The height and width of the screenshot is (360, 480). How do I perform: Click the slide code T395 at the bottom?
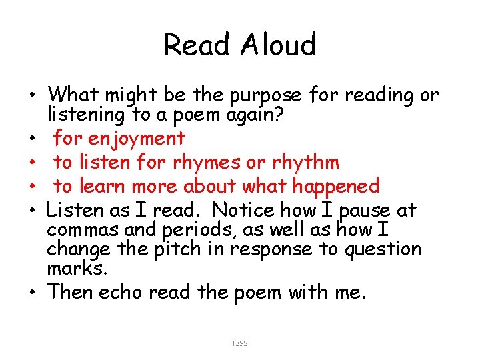pos(239,343)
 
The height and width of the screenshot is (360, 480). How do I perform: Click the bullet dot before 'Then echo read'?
pos(33,293)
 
